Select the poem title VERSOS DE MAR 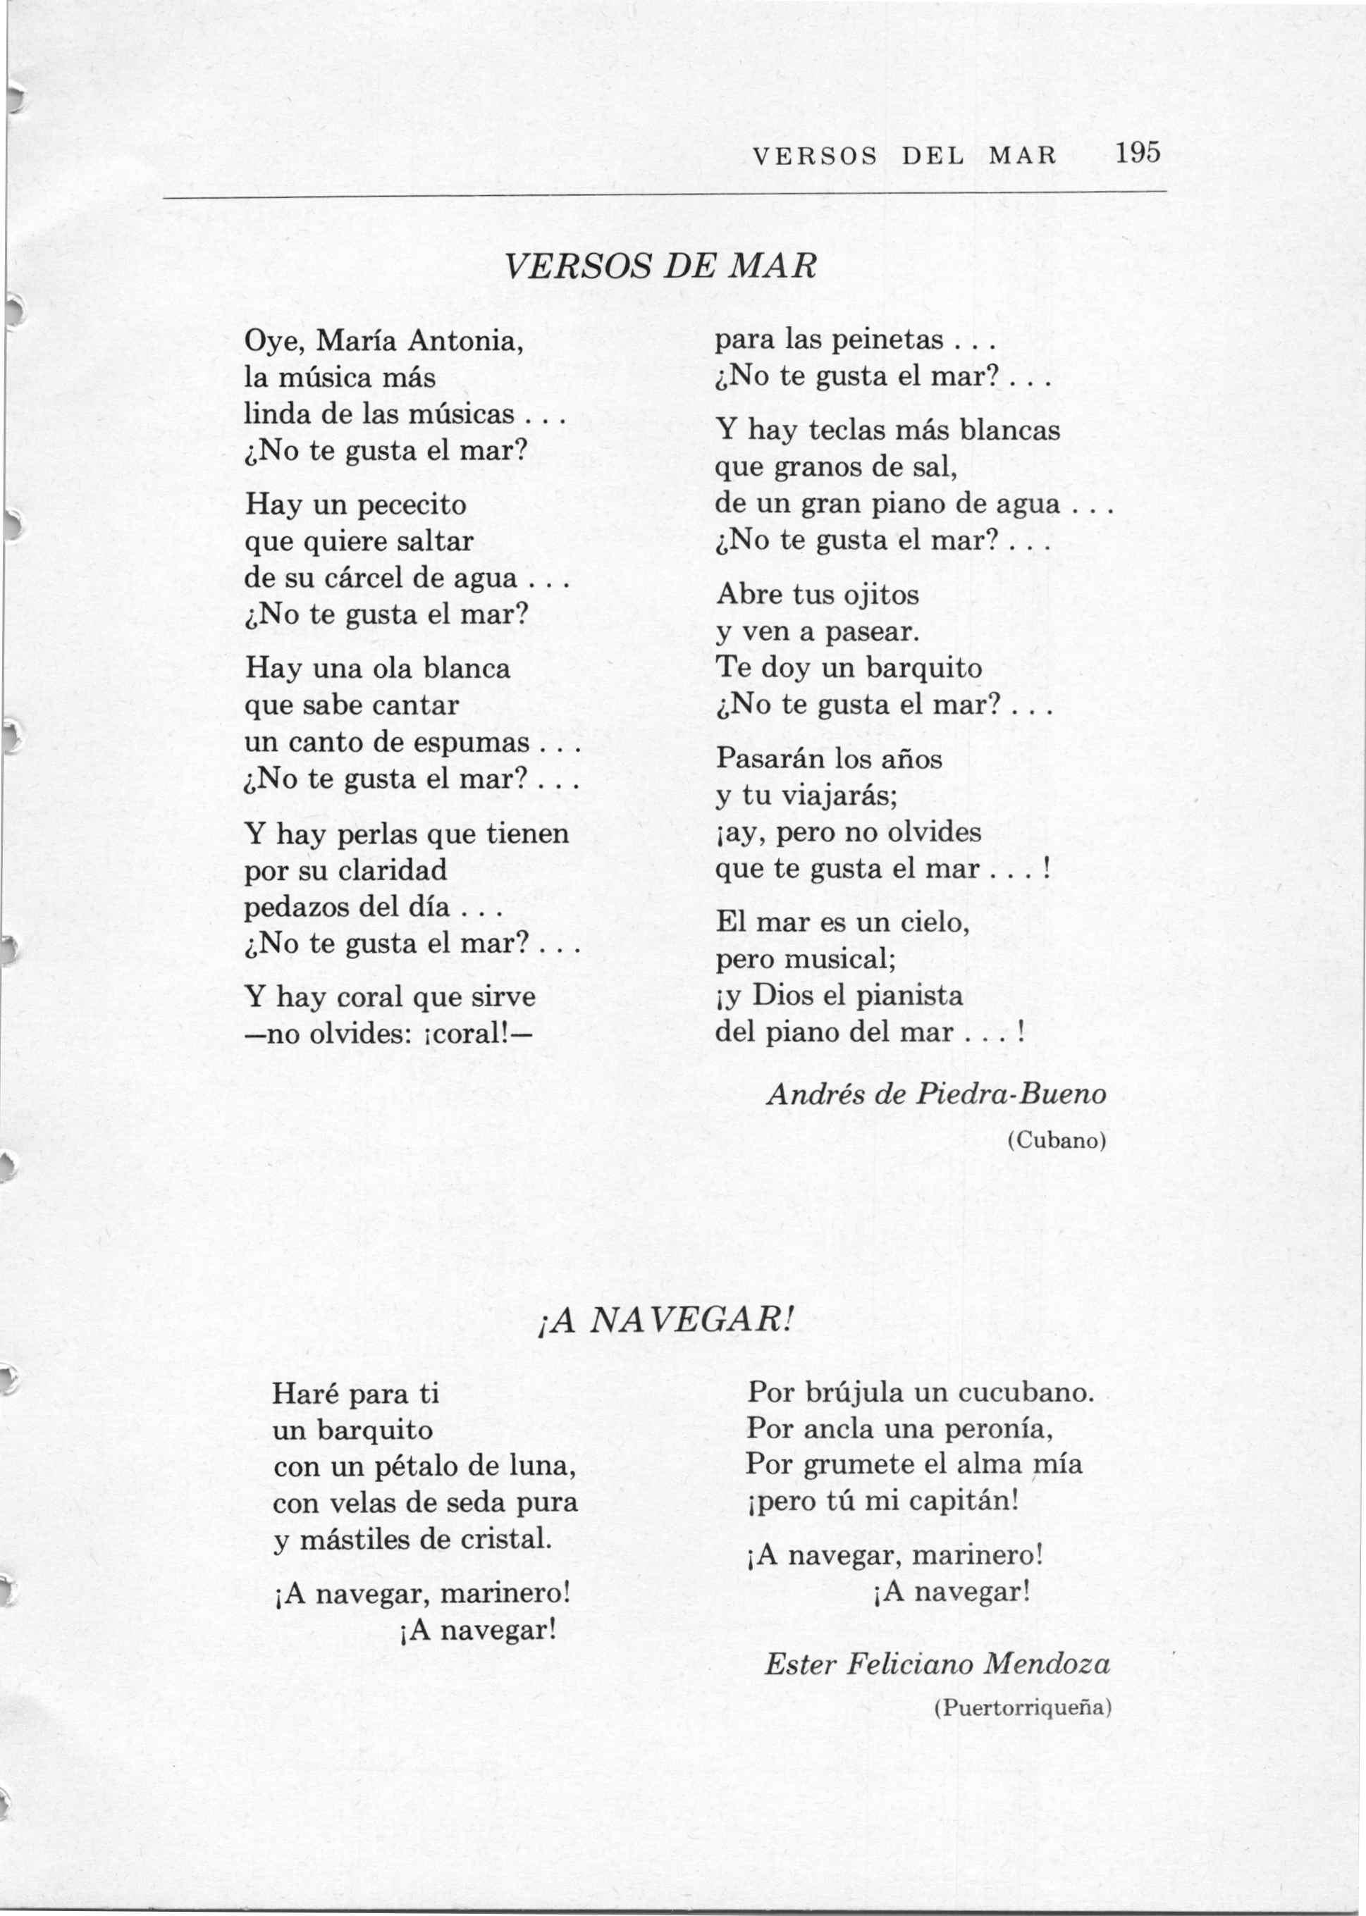660,266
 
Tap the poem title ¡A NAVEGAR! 663,1323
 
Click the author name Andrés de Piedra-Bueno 936,1094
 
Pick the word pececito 413,505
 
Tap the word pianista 909,996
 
